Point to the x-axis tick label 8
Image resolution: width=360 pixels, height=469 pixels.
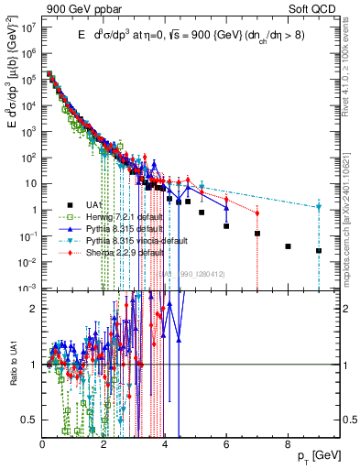288,444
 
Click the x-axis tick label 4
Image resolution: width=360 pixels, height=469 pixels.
165,444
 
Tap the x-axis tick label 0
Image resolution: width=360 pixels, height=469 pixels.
42,444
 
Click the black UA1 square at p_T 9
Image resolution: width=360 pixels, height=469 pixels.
319,250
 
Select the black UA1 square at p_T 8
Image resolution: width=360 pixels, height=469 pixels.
288,246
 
